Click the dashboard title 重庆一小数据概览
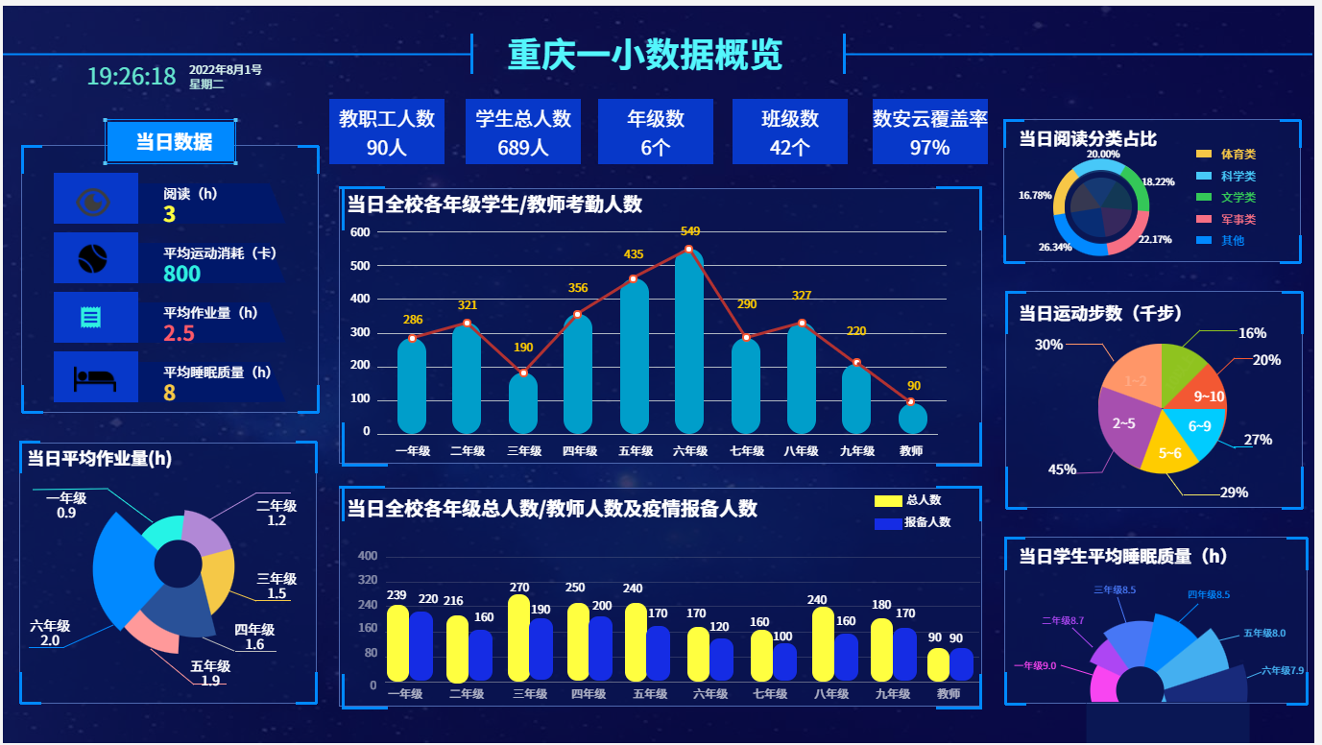point(644,55)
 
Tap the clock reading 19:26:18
point(132,77)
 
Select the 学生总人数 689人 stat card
point(523,132)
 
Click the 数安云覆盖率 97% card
point(929,132)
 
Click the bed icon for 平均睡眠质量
point(95,378)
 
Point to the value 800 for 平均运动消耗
point(182,275)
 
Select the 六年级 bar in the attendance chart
point(688,346)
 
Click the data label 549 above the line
point(690,231)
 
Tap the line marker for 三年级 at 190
point(523,372)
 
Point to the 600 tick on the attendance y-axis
point(360,232)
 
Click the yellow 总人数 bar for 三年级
point(519,638)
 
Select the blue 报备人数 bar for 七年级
point(785,661)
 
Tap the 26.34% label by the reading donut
point(1054,247)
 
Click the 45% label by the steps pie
point(1062,469)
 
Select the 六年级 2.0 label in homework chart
point(49,634)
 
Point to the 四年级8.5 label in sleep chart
point(1208,595)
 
